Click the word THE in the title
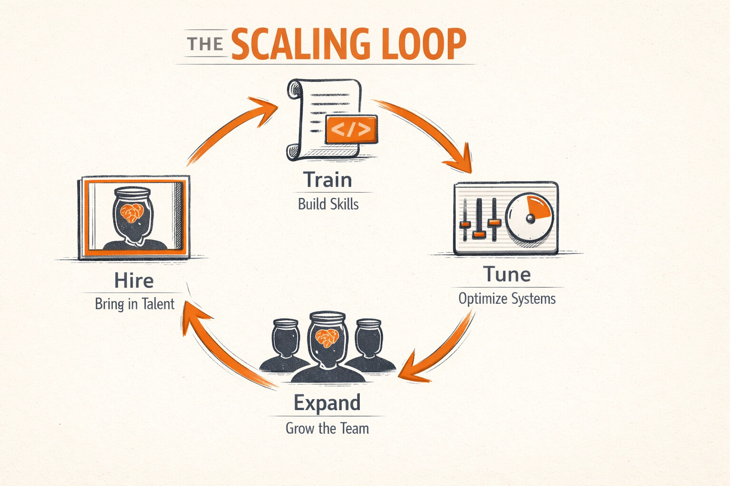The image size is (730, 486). pyautogui.click(x=205, y=44)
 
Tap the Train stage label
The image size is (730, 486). pyautogui.click(x=327, y=180)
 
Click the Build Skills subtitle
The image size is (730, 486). pyautogui.click(x=328, y=204)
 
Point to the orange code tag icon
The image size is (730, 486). pyautogui.click(x=351, y=129)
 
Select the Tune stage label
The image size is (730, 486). pyautogui.click(x=507, y=274)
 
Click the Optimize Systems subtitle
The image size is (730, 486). pyautogui.click(x=507, y=299)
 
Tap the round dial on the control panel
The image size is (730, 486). pyautogui.click(x=529, y=218)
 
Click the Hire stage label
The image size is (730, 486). pyautogui.click(x=134, y=280)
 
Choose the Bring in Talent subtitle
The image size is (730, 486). pyautogui.click(x=134, y=304)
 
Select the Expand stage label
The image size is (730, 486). pyautogui.click(x=327, y=402)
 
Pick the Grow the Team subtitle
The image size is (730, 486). pyautogui.click(x=327, y=428)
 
